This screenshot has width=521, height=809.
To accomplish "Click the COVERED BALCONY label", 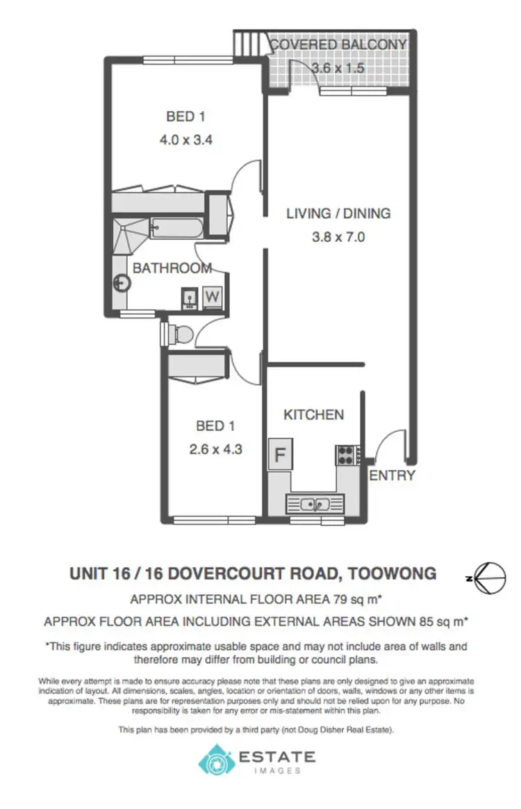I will click(x=338, y=45).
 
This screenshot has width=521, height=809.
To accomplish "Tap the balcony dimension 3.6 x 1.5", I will click(x=338, y=68).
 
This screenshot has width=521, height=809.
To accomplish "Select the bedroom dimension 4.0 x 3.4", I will click(x=185, y=139).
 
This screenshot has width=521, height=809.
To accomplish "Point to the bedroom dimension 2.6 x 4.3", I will click(x=215, y=449).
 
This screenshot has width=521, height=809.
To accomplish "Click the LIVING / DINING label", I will click(x=338, y=213).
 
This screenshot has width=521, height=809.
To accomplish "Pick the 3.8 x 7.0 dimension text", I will click(x=338, y=236).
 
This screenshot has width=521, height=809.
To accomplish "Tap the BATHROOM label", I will click(x=172, y=268).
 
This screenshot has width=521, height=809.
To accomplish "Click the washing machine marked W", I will click(x=213, y=297).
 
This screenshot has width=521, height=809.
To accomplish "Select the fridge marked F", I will click(x=281, y=456).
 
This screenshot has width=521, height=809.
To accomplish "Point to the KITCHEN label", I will click(x=313, y=415).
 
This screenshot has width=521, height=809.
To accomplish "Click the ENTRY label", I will click(x=392, y=475).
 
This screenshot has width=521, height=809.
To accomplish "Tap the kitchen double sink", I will click(x=315, y=503).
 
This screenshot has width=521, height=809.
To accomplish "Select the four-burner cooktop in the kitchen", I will click(x=345, y=455).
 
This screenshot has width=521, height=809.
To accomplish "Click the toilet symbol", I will click(x=180, y=335).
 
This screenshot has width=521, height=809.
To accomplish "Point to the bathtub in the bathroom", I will click(x=176, y=227).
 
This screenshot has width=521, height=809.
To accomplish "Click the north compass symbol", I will click(x=490, y=577).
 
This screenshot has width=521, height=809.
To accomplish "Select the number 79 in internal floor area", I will click(x=361, y=598).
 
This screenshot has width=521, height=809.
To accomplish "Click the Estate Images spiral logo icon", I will click(x=216, y=760).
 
